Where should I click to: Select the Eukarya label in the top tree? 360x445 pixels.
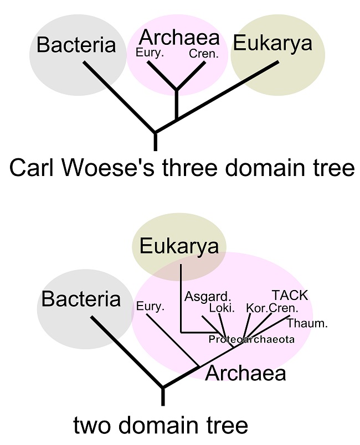click(273, 43)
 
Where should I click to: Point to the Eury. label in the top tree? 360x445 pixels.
click(148, 54)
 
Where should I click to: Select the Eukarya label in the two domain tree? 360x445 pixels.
click(179, 246)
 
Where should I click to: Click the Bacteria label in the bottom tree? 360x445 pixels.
click(81, 299)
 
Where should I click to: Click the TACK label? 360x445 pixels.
click(289, 295)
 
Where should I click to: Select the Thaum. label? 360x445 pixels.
click(307, 323)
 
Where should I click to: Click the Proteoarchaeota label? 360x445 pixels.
click(251, 339)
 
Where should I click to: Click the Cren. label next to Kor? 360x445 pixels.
click(284, 308)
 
